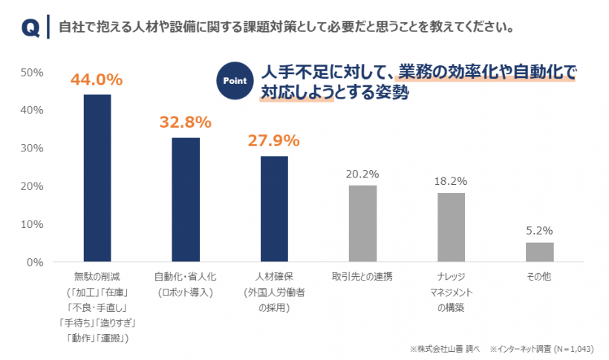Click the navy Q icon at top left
[30, 28]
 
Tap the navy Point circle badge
[234, 80]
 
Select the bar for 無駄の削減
[97, 178]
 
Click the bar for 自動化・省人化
[186, 200]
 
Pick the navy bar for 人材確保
[274, 209]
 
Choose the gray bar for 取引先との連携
[362, 223]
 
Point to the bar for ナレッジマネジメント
[451, 227]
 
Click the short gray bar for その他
[539, 252]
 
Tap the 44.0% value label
[97, 79]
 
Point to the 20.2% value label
[362, 174]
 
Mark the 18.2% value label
[451, 180]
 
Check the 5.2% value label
[539, 230]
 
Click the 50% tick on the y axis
[33, 73]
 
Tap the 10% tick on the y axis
[33, 224]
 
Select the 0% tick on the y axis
[36, 262]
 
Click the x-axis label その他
[539, 276]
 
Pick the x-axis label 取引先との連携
[362, 276]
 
